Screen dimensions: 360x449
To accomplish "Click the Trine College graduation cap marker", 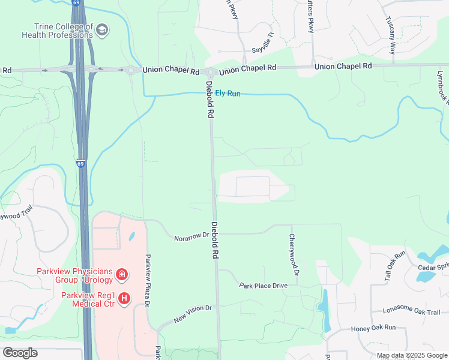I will click(102, 31).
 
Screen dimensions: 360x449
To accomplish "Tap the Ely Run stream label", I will click(228, 94).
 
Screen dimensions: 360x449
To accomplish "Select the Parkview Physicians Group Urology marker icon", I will click(122, 275).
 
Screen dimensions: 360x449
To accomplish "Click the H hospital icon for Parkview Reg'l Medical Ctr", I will click(124, 298).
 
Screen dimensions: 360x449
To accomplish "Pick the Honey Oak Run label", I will click(373, 328).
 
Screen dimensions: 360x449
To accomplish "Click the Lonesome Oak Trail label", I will click(412, 311).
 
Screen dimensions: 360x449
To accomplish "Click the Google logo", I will click(20, 353).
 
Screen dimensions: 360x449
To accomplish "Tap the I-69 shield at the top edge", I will click(76, 3).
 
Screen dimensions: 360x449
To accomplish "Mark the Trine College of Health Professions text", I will click(56, 31).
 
